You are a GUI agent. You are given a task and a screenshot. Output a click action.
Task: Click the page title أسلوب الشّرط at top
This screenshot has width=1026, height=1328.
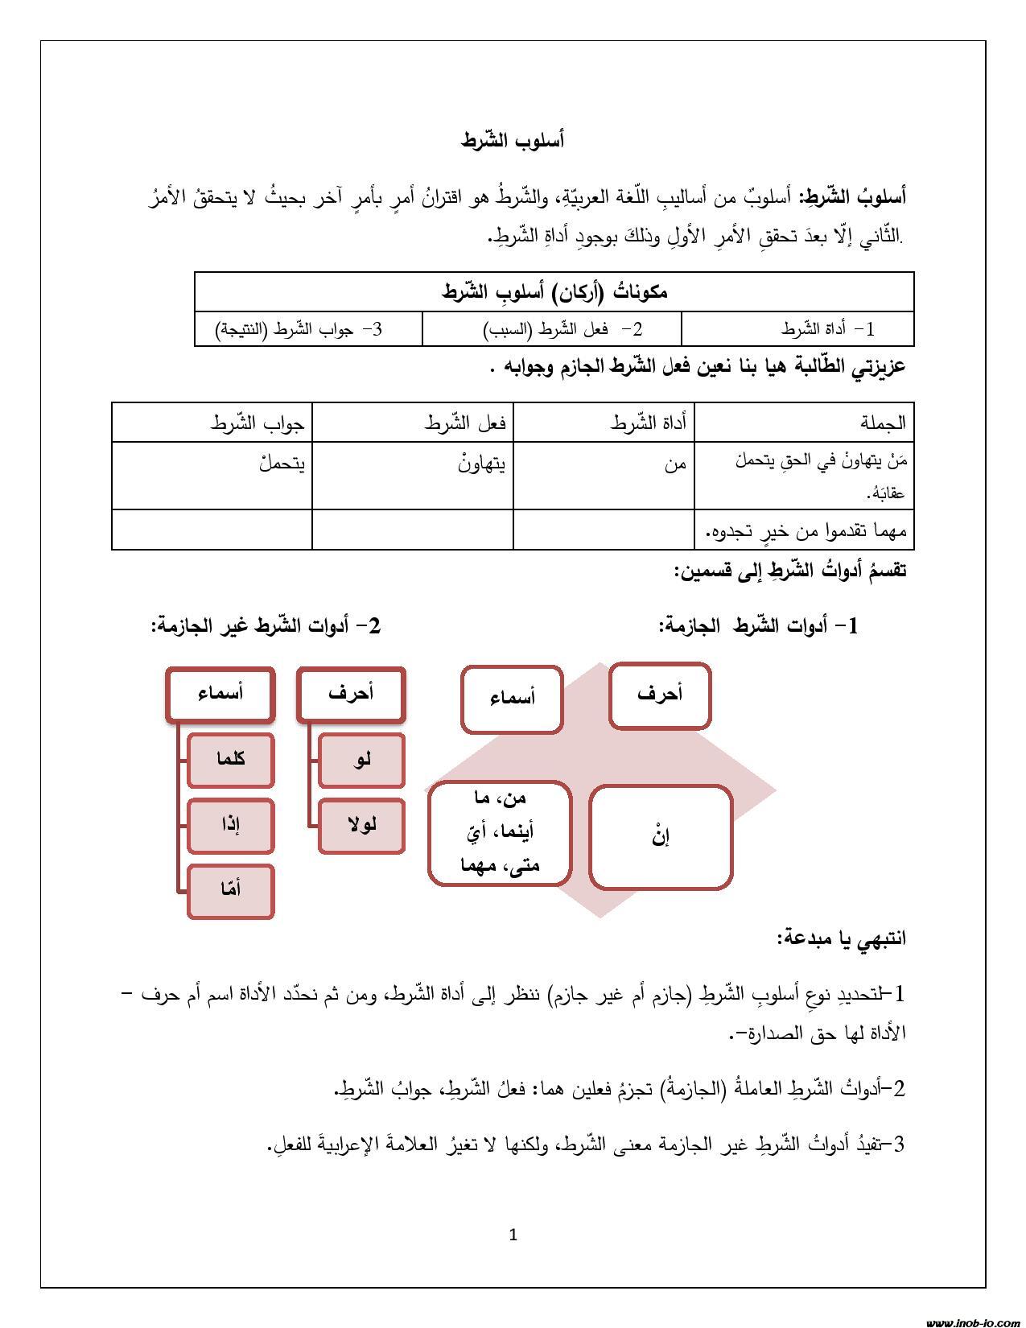tap(513, 141)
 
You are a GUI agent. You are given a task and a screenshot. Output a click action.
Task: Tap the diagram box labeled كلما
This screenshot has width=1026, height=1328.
tap(231, 759)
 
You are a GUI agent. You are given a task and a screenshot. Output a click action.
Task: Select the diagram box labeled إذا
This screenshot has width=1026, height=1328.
tap(231, 825)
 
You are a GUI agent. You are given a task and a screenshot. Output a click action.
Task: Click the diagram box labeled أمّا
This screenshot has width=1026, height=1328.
tap(231, 891)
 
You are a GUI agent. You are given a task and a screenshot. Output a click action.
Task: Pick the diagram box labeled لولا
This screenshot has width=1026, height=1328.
tap(361, 825)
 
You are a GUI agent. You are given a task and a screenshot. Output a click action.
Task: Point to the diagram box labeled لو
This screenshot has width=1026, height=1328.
tap(361, 759)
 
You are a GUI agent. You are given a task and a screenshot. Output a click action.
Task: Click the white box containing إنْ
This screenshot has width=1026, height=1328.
tap(661, 837)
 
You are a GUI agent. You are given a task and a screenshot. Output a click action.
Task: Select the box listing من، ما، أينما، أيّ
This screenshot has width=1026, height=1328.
tap(500, 833)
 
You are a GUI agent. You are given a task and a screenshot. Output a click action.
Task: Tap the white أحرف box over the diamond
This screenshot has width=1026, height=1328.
tap(660, 695)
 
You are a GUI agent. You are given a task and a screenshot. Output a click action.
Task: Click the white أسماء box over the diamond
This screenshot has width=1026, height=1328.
tap(512, 699)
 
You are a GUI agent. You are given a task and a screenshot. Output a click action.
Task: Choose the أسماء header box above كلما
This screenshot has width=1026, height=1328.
tap(220, 694)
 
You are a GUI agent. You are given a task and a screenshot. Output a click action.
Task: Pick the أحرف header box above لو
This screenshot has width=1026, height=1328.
tap(351, 694)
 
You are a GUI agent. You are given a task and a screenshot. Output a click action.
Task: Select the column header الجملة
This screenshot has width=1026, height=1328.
tap(882, 423)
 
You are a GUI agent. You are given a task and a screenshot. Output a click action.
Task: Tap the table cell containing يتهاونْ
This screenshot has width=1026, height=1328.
tap(480, 464)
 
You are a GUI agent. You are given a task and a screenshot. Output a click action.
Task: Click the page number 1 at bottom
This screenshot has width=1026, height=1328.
tap(513, 1235)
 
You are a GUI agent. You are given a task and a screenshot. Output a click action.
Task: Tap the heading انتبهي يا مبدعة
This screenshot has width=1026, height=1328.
tap(842, 938)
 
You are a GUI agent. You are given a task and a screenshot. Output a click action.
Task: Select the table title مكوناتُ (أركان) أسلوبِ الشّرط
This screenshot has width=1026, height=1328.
tap(554, 291)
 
